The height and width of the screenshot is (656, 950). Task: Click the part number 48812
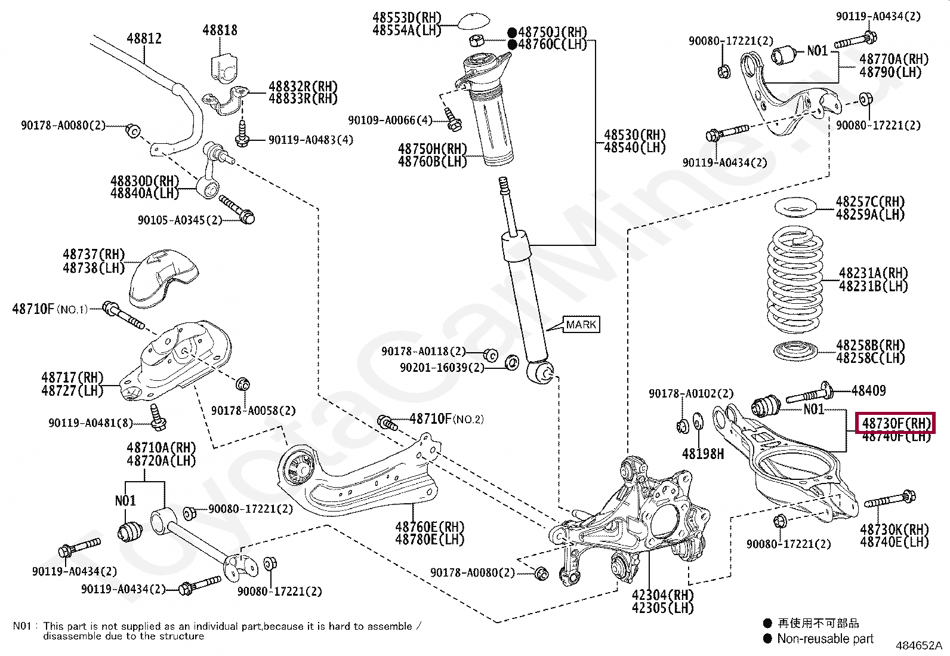[144, 39]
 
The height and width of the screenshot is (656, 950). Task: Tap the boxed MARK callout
[581, 325]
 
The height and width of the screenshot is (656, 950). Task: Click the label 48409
[868, 391]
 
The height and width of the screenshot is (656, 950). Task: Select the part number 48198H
[703, 454]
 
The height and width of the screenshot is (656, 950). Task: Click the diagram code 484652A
[918, 646]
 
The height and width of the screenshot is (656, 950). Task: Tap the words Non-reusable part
[825, 639]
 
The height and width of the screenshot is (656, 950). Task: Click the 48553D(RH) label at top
[406, 18]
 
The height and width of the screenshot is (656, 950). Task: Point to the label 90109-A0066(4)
[390, 121]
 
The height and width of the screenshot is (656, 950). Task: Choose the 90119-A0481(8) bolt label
[91, 423]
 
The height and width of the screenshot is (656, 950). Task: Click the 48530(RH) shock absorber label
[634, 135]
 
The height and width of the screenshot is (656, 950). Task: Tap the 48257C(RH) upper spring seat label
[870, 202]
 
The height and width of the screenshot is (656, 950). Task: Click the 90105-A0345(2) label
[180, 220]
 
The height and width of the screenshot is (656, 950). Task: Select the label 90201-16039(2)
[442, 368]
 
